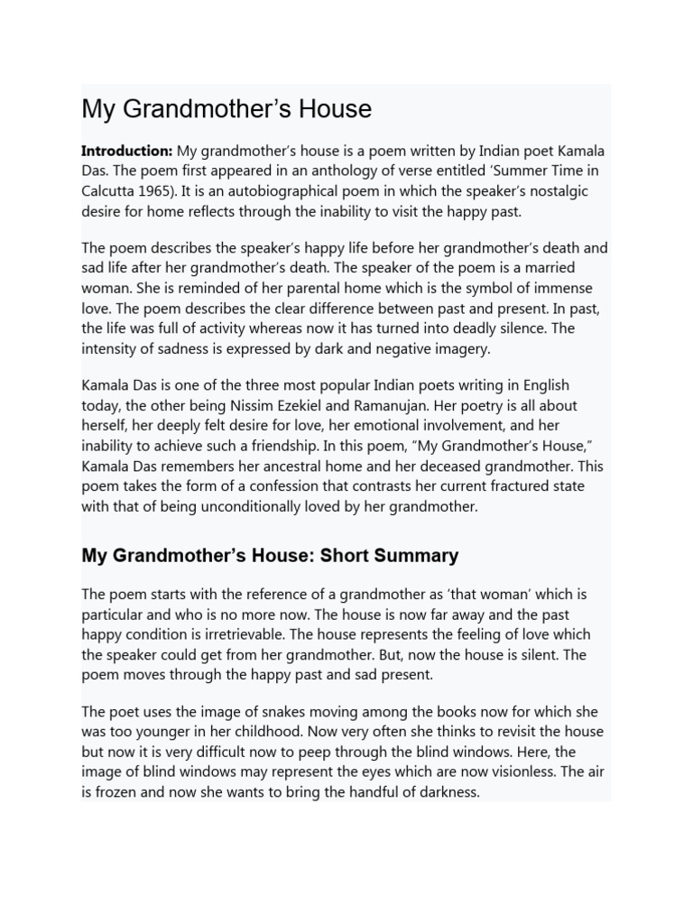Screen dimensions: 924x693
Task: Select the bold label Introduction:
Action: [x=126, y=150]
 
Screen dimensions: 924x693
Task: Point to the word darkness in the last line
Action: [x=444, y=793]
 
